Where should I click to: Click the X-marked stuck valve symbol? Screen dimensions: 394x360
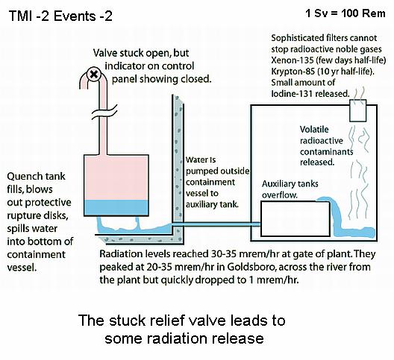tap(94, 74)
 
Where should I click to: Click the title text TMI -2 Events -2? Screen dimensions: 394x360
tap(60, 16)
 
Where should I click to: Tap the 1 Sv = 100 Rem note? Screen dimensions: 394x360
tap(345, 13)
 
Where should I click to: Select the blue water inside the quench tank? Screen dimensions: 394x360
tap(116, 208)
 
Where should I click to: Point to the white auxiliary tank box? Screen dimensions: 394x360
tap(295, 218)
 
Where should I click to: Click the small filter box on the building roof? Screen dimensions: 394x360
tap(358, 111)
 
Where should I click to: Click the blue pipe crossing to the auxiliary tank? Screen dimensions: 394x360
tap(216, 224)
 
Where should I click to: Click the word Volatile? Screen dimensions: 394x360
tap(314, 129)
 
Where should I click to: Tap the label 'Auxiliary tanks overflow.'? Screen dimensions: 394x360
tap(290, 189)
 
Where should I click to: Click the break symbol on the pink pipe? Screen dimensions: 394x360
tap(104, 112)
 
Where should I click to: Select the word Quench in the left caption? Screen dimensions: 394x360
tap(23, 177)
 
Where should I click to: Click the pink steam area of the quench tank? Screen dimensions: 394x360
tap(116, 177)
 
